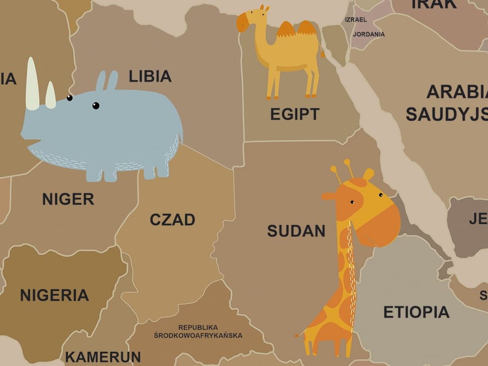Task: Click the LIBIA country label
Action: [x=150, y=76]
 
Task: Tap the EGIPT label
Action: [x=295, y=114]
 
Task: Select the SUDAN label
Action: [x=296, y=230]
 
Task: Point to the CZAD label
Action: [x=172, y=220]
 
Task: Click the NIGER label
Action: [x=68, y=199]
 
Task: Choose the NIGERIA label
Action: [x=54, y=295]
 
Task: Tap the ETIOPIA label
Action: [x=416, y=312]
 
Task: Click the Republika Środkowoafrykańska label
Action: [x=198, y=331]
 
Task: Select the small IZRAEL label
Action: [x=356, y=19]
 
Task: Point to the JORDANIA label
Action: [x=369, y=34]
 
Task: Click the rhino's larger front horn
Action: [x=33, y=84]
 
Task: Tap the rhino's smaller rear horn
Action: [x=50, y=95]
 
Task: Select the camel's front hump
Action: [x=286, y=29]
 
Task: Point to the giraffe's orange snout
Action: [x=382, y=224]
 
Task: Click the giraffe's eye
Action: [x=352, y=202]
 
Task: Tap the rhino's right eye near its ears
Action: [x=96, y=106]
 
